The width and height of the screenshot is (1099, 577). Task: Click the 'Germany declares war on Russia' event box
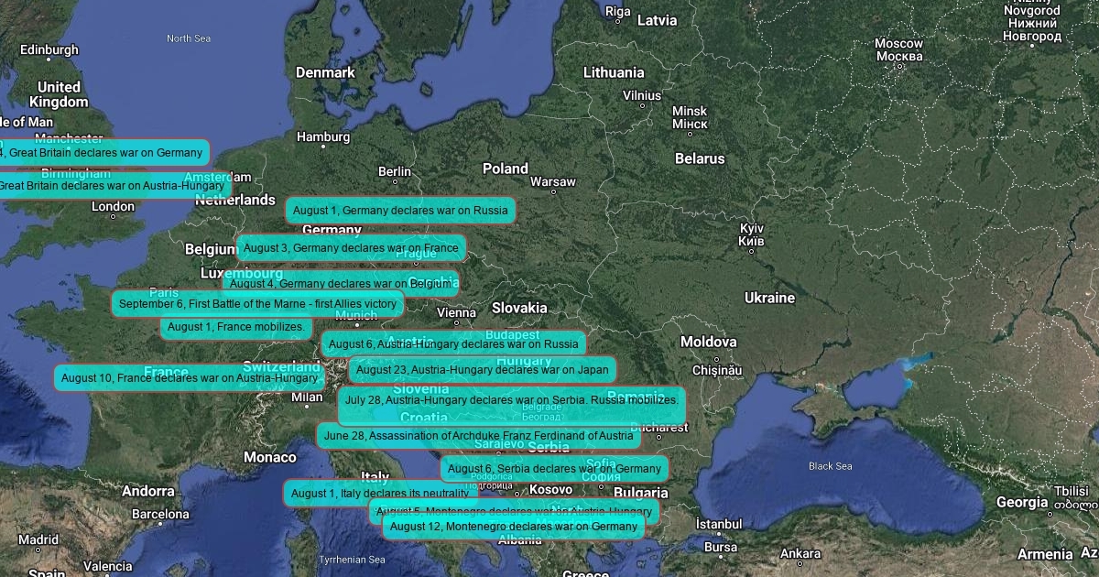coord(399,211)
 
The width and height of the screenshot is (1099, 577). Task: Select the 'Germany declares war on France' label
coord(351,248)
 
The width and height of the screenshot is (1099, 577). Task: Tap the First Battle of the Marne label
coord(257,304)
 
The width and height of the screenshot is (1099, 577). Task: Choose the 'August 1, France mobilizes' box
coord(236,327)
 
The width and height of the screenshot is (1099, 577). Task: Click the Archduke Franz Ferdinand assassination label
coord(478,436)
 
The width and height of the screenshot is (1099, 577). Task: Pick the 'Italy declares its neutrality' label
coord(379,494)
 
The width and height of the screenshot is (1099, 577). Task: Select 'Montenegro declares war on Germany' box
coord(513,527)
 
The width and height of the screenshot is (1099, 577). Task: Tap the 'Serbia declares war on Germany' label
coord(554,469)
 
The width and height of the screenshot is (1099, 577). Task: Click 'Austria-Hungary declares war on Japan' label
coord(482,370)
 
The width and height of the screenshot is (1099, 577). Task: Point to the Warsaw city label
coord(553,182)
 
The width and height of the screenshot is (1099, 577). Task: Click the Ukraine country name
coord(769,298)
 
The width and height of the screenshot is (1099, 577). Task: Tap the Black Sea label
coord(830,466)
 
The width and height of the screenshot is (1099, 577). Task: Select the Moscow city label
coord(898,44)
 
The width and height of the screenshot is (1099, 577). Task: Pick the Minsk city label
coord(690,111)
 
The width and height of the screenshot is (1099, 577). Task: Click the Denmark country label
coord(325,72)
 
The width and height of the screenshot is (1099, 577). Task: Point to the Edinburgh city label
coord(49,49)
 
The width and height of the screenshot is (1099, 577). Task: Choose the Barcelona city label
coord(160,514)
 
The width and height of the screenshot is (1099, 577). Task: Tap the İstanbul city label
coord(719,524)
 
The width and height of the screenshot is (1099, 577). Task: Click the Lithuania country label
coord(614,72)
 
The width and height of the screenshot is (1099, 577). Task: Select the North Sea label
coord(189,38)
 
